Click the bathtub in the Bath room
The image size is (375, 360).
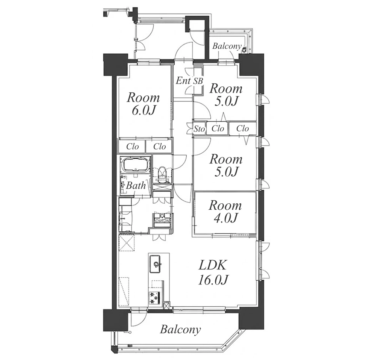click(x=136, y=165)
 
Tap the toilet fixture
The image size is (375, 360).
click(x=162, y=173)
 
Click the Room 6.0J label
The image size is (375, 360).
click(x=143, y=104)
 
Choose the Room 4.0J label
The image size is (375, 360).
click(x=225, y=212)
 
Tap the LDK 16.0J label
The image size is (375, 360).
click(x=213, y=273)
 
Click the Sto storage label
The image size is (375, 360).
click(x=199, y=129)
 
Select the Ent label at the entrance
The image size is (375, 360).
click(x=183, y=81)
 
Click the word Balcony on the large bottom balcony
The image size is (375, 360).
click(x=180, y=330)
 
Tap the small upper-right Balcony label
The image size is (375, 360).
click(x=227, y=46)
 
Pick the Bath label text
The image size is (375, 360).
click(x=136, y=185)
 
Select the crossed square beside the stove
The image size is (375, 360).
click(x=166, y=306)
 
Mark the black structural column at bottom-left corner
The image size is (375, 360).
click(x=115, y=320)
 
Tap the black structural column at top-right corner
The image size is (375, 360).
click(x=252, y=65)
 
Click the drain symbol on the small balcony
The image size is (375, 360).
click(x=244, y=50)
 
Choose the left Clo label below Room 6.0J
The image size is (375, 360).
click(x=133, y=147)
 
